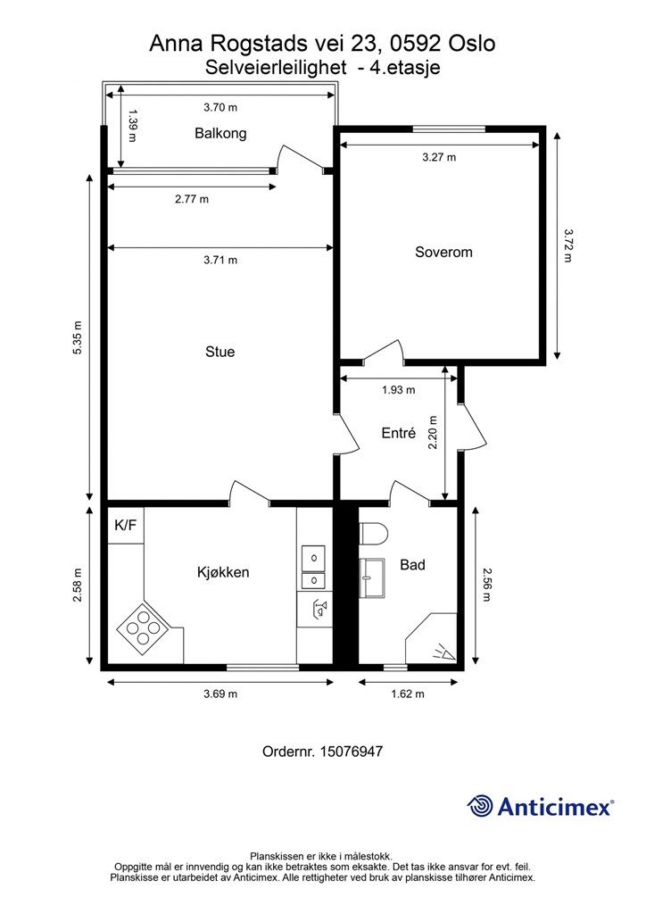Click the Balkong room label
point(220,134)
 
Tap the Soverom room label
point(443,253)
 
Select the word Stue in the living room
point(220,352)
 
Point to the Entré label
point(399,433)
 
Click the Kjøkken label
point(223,572)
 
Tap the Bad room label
point(412,565)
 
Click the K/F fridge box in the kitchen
point(125,525)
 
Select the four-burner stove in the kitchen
point(144,627)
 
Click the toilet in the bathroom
point(374,533)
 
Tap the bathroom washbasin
point(372,577)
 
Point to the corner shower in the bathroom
point(431,638)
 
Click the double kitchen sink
point(313,567)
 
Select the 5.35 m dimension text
point(78,337)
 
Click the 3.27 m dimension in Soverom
point(439,157)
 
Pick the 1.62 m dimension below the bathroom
point(408,694)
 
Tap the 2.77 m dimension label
point(192,199)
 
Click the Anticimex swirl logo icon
point(480,806)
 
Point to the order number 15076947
point(352,752)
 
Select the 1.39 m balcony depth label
point(133,125)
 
